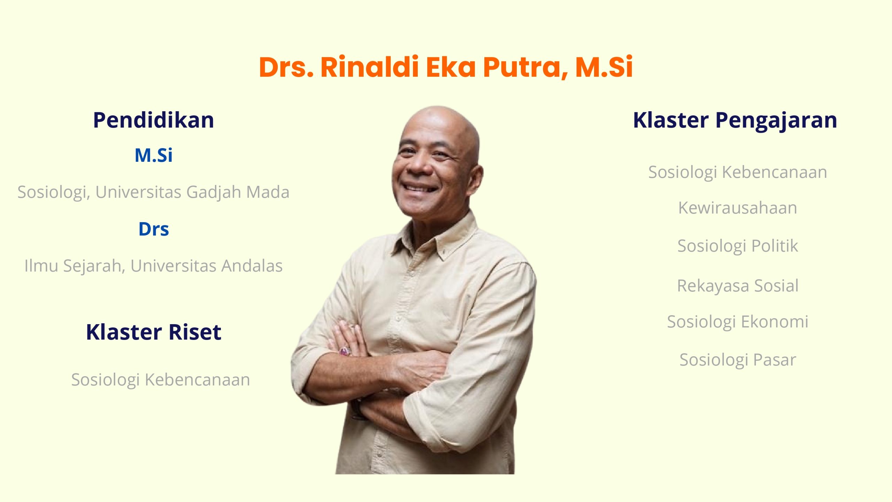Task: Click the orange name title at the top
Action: coord(446,67)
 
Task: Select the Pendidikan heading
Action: coord(153,120)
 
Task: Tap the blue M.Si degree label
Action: coord(153,155)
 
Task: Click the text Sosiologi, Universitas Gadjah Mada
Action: coord(153,192)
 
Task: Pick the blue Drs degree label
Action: coord(154,229)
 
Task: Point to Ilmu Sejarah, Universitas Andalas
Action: coord(153,266)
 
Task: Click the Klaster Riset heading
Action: coord(153,332)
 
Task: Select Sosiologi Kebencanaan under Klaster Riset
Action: coord(161,380)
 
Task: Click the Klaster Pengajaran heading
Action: coord(735,121)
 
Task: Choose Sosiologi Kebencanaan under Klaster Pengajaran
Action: coord(738,173)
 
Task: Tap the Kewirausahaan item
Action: coord(738,208)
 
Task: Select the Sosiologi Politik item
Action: coord(738,246)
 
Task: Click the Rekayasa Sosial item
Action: coord(738,286)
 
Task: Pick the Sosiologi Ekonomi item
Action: coord(738,322)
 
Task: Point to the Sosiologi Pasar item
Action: coord(738,360)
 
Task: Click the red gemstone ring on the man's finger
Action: coord(345,351)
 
